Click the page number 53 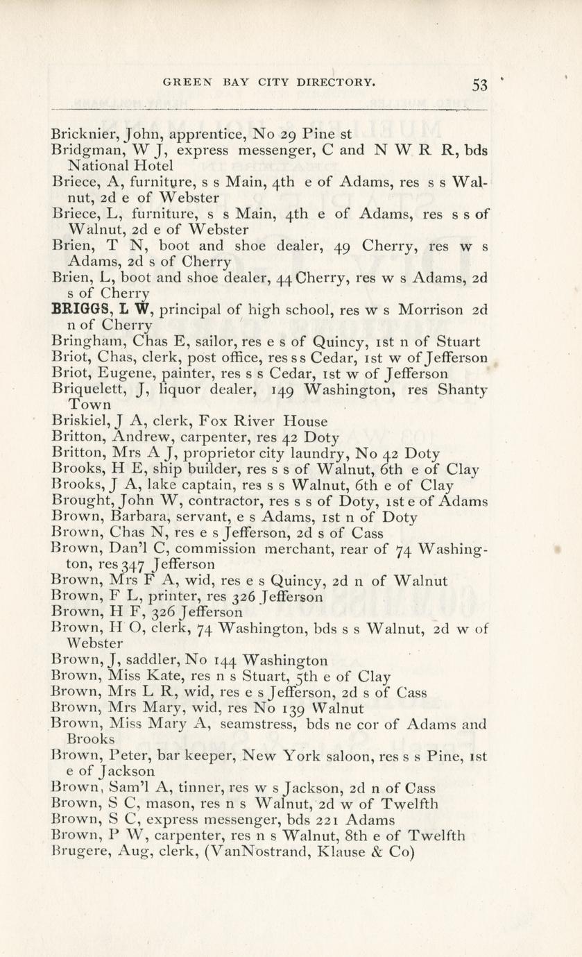479,85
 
